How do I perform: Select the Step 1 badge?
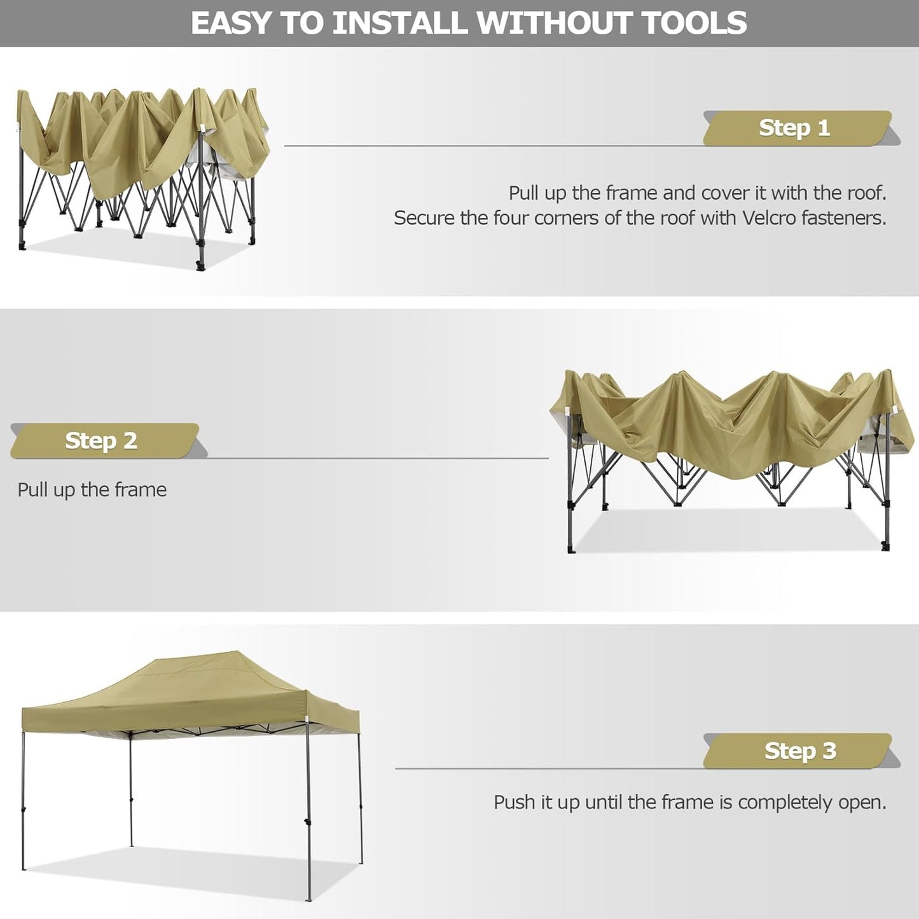pyautogui.click(x=795, y=128)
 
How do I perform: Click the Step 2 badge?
pyautogui.click(x=102, y=441)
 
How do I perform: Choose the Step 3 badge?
pyautogui.click(x=800, y=750)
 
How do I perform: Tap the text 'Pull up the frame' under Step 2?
pyautogui.click(x=92, y=490)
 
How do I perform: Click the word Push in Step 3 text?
pyautogui.click(x=515, y=803)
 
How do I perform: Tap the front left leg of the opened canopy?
pyautogui.click(x=24, y=801)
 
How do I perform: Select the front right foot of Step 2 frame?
pyautogui.click(x=885, y=546)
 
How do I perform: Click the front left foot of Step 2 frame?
pyautogui.click(x=571, y=548)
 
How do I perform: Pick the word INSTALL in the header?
pyautogui.click(x=401, y=23)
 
